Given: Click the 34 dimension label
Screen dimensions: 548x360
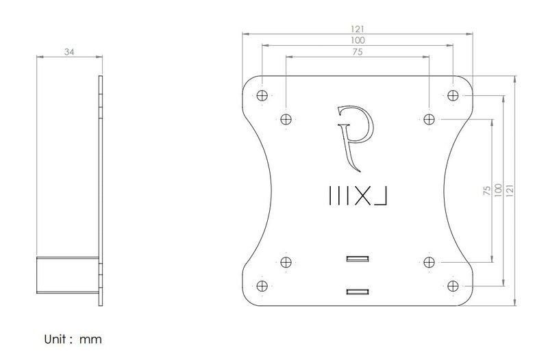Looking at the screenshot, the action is (x=70, y=52).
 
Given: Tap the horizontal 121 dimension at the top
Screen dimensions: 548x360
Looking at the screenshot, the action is (x=358, y=29).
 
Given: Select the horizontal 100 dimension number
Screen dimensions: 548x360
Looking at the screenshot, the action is (x=358, y=40).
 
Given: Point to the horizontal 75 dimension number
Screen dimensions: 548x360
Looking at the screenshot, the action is (x=358, y=52).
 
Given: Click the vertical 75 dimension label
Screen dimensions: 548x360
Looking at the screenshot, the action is (x=486, y=190).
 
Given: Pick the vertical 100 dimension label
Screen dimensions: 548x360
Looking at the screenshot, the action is (x=498, y=190).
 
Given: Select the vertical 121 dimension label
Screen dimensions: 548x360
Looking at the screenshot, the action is (x=510, y=190).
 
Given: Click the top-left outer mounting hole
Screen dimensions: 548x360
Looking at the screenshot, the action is (x=262, y=95).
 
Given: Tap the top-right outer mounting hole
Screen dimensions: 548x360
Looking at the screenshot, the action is (x=453, y=95).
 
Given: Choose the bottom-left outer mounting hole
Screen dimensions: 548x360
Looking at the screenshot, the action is (x=262, y=286).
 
